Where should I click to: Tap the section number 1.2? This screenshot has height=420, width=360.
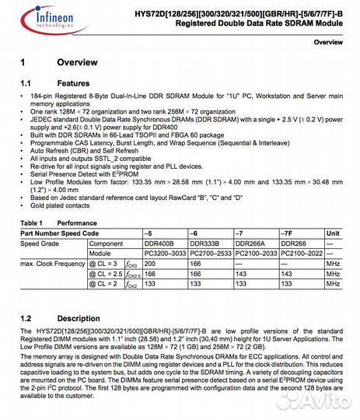[26, 319]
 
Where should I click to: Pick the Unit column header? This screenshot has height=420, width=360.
[333, 233]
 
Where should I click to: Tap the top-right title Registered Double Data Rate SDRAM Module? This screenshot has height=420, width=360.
[263, 24]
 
